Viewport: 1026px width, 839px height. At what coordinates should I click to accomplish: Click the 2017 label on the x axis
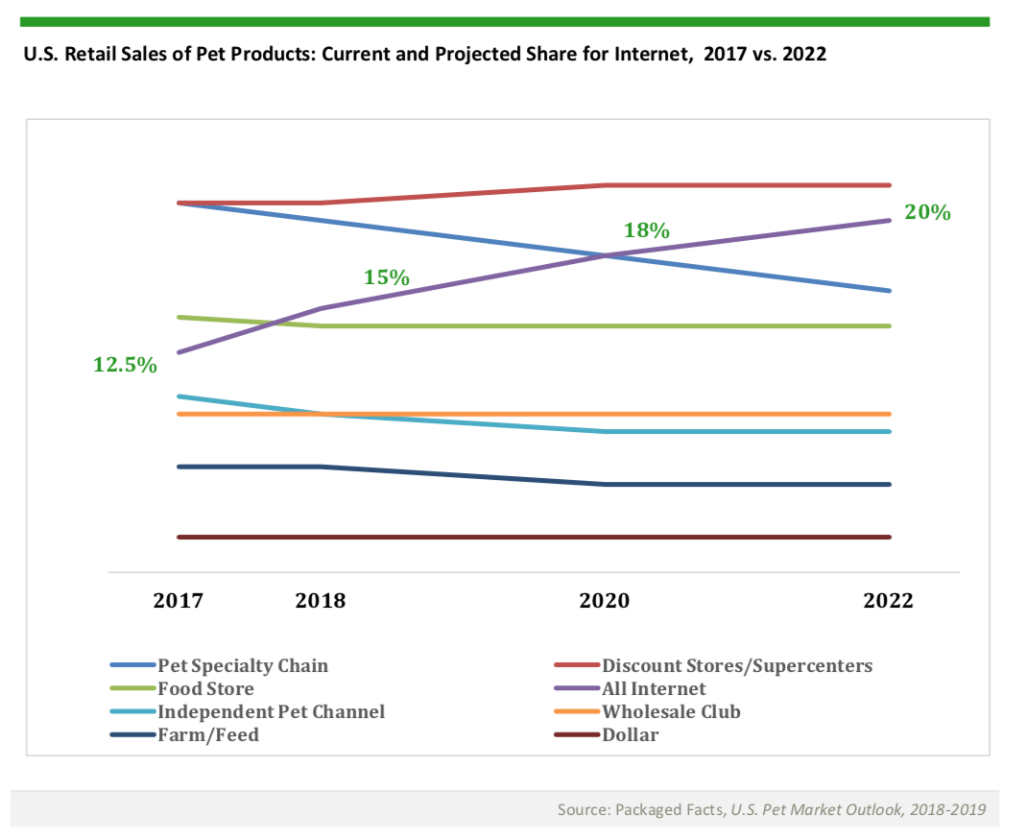[x=179, y=602]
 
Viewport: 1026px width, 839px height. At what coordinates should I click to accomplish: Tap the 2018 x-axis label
[x=321, y=602]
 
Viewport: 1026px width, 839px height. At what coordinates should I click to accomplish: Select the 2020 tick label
[x=605, y=602]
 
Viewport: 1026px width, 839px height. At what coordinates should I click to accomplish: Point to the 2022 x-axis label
[x=889, y=602]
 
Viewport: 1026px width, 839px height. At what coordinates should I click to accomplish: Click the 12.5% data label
[x=125, y=365]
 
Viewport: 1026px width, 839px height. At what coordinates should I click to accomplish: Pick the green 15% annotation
[x=387, y=278]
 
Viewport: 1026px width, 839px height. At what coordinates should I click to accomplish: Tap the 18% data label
[x=646, y=231]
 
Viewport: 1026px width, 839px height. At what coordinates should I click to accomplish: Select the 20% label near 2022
[x=928, y=213]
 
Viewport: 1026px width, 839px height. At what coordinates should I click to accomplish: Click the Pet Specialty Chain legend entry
[x=243, y=665]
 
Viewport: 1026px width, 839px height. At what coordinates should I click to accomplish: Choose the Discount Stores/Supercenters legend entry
[x=737, y=665]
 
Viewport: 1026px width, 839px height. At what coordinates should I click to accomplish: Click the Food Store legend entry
[x=205, y=689]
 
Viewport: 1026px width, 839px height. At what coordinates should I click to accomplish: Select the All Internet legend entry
[x=654, y=689]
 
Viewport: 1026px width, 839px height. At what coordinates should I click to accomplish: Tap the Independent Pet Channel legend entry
[x=271, y=712]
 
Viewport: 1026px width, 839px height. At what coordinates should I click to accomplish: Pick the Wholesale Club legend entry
[x=671, y=712]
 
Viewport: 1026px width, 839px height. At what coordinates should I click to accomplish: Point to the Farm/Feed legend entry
[x=208, y=735]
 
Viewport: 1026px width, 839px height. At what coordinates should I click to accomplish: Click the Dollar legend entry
[x=631, y=735]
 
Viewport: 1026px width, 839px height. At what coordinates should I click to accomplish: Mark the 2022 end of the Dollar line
[x=890, y=537]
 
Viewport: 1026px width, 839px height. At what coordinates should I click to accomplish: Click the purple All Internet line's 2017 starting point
[x=179, y=352]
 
